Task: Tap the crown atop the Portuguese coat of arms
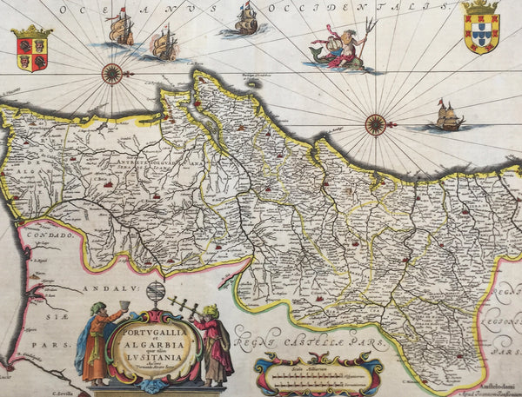pos(481,8)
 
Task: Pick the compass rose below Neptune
pos(375,124)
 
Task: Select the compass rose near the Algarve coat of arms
pos(111,74)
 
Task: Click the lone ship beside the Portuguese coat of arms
pos(447,116)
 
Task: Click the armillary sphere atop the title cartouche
pos(156,294)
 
